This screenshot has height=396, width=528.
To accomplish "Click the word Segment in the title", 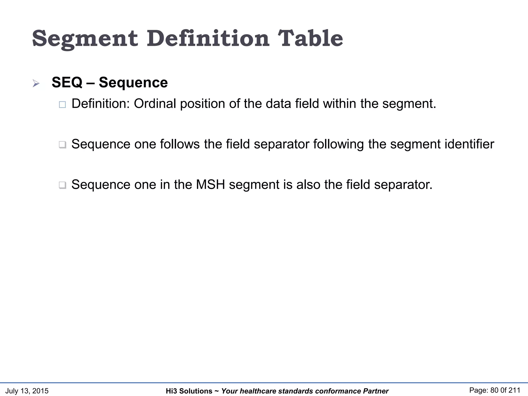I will pyautogui.click(x=85, y=39).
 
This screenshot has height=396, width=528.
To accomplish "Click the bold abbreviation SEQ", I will pyautogui.click(x=67, y=82).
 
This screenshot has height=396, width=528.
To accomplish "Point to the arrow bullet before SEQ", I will pyautogui.click(x=36, y=83).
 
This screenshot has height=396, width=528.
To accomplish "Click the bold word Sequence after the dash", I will pyautogui.click(x=133, y=82).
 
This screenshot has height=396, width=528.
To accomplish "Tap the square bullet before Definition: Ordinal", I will pyautogui.click(x=62, y=104).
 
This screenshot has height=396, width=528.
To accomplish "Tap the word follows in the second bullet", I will pyautogui.click(x=180, y=144).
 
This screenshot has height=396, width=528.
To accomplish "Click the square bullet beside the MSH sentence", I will pyautogui.click(x=62, y=185).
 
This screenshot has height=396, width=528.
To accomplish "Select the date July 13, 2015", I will pyautogui.click(x=27, y=391).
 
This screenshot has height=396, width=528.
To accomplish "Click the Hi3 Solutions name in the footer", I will pyautogui.click(x=189, y=391).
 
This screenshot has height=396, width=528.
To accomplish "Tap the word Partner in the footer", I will pyautogui.click(x=376, y=391).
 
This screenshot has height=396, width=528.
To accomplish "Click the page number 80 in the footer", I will pyautogui.click(x=494, y=390).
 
